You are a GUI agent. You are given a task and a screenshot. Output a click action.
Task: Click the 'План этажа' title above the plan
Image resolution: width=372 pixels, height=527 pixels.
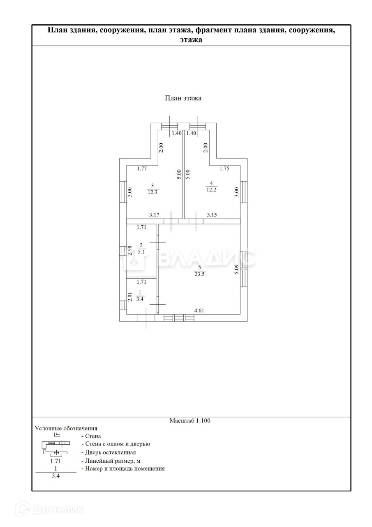click(x=183, y=98)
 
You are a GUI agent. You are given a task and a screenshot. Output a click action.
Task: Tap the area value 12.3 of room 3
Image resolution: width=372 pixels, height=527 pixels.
click(x=152, y=192)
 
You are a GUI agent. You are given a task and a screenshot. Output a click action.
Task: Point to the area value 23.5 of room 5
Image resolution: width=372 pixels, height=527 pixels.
click(x=200, y=274)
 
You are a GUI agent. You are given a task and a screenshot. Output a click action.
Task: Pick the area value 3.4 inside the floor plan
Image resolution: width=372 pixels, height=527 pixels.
click(x=140, y=299)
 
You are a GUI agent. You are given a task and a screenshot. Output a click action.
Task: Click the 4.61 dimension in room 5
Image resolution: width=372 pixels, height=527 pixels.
click(x=199, y=311)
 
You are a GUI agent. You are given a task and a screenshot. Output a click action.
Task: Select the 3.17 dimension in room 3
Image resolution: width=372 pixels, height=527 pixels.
click(x=154, y=215)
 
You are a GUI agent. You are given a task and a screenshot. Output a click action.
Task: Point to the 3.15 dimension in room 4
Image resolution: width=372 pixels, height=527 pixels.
click(x=212, y=215)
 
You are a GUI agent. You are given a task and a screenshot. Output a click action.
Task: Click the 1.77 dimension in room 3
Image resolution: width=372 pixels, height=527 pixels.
click(x=142, y=168)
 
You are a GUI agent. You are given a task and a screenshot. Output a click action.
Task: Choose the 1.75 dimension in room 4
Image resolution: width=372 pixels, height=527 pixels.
click(x=224, y=168)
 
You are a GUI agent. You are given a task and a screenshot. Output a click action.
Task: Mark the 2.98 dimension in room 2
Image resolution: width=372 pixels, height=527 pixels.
click(x=130, y=251)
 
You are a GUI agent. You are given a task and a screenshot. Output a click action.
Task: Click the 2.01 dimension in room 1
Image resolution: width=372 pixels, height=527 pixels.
click(x=130, y=297)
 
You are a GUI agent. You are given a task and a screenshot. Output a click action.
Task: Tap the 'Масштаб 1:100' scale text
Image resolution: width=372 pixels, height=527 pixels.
click(x=190, y=421)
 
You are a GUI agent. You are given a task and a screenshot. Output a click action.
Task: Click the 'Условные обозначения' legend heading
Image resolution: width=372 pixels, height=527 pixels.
click(x=66, y=429)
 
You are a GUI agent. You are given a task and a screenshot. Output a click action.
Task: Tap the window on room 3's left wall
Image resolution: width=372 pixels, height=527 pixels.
click(x=123, y=192)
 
